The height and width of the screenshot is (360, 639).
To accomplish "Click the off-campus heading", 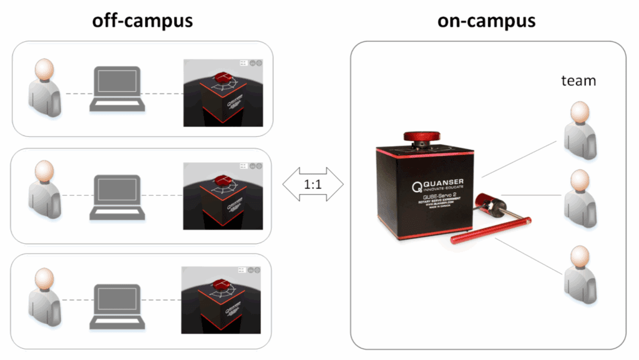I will point(142,21).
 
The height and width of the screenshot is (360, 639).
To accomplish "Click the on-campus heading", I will point(486,21).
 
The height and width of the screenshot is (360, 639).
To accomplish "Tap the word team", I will point(578,80).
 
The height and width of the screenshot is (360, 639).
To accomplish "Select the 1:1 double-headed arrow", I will point(313,186).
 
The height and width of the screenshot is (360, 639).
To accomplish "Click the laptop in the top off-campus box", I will point(119,89).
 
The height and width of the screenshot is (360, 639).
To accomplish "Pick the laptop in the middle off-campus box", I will point(119,197).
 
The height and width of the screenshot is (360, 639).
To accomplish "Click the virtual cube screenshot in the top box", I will point(223,92).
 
